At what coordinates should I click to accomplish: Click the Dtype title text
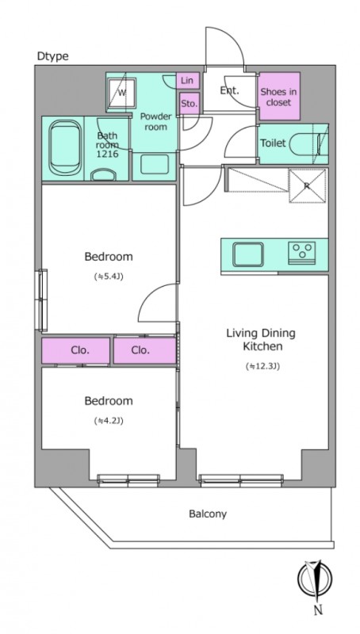pos(52,56)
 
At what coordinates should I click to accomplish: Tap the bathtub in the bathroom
pos(64,148)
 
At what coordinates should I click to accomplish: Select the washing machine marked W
pos(121,94)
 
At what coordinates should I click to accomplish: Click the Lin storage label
pos(187,81)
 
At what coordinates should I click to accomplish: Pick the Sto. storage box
pos(190,103)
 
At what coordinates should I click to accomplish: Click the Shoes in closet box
pos(279,96)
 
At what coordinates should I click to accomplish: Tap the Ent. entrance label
pos(229,90)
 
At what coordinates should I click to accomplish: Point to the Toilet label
pos(273,143)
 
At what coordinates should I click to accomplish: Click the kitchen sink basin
pos(248,254)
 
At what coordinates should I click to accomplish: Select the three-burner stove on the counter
pos(302,253)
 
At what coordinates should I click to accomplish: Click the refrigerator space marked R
pos(308,186)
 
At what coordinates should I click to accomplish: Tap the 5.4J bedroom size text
pos(109,277)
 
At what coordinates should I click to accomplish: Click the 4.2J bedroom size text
pos(109,421)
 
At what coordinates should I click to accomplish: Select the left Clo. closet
pos(75,350)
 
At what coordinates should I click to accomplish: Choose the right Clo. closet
pos(145,350)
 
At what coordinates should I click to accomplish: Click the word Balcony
pos(208,514)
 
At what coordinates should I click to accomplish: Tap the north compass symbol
pos(315,579)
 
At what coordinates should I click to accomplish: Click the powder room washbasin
pos(154,164)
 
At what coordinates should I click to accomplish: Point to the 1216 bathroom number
pos(108,154)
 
